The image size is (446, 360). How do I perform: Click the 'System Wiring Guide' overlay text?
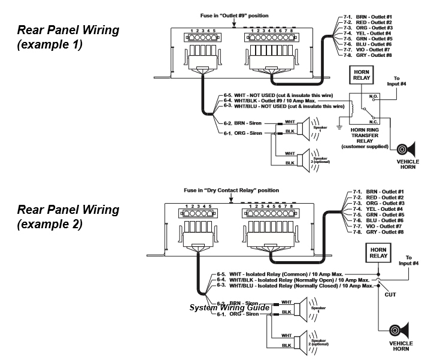230,307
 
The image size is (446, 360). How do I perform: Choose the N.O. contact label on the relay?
374,95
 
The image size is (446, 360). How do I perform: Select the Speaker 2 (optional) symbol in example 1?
312,158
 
